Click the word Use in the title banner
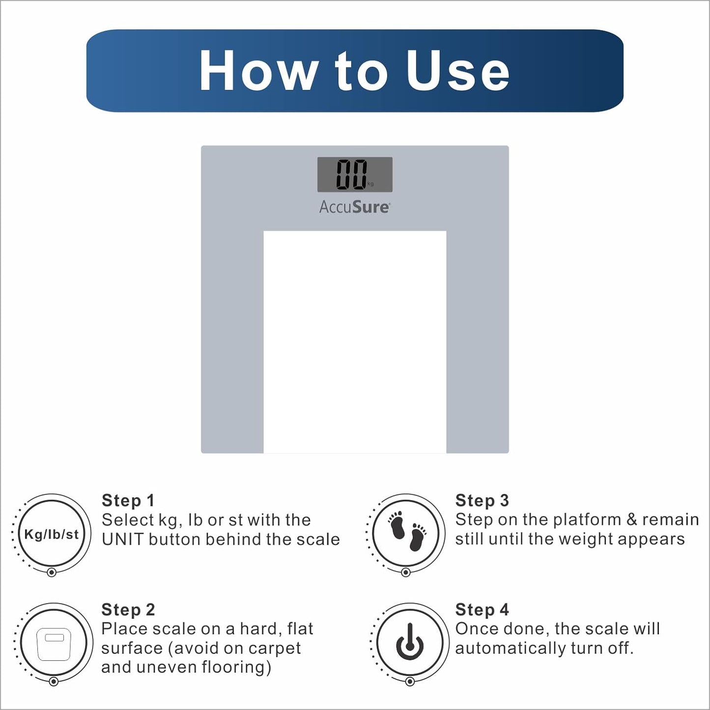coord(458,70)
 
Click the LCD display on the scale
coord(355,174)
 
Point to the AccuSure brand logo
coord(355,207)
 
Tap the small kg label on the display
coord(370,184)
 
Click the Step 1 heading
coord(128,501)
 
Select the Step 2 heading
coord(128,610)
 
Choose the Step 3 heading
coord(482,501)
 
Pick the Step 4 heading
coord(482,610)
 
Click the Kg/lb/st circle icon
coord(52,534)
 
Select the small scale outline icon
coord(54,644)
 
